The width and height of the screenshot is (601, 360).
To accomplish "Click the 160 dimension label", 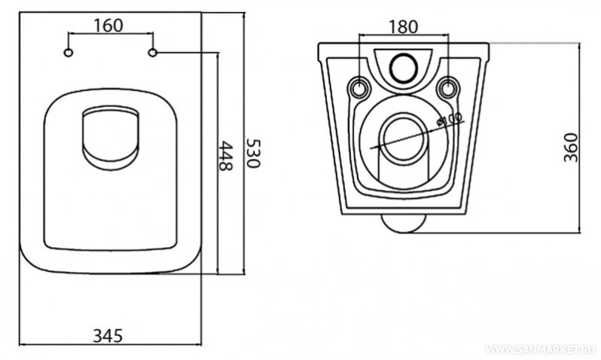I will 110,24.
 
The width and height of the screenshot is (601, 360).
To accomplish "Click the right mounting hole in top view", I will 153,53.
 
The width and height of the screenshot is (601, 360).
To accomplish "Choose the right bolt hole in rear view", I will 450,87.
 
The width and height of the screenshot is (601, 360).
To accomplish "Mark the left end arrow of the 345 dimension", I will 20,345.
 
